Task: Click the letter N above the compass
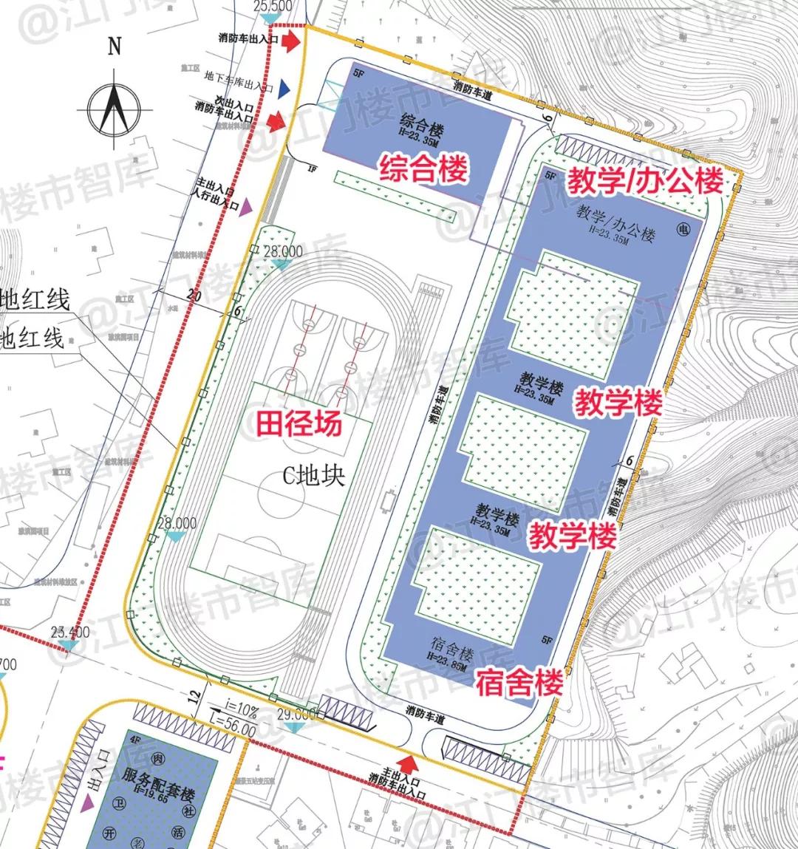[x=114, y=46]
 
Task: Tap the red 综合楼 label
[x=423, y=169]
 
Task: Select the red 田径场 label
[x=299, y=423]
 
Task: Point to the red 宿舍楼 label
[x=519, y=682]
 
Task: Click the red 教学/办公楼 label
[x=644, y=180]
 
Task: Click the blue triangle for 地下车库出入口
[x=284, y=90]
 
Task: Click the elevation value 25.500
[x=273, y=6]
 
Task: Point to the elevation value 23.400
[x=70, y=633]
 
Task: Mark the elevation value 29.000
[x=296, y=715]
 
